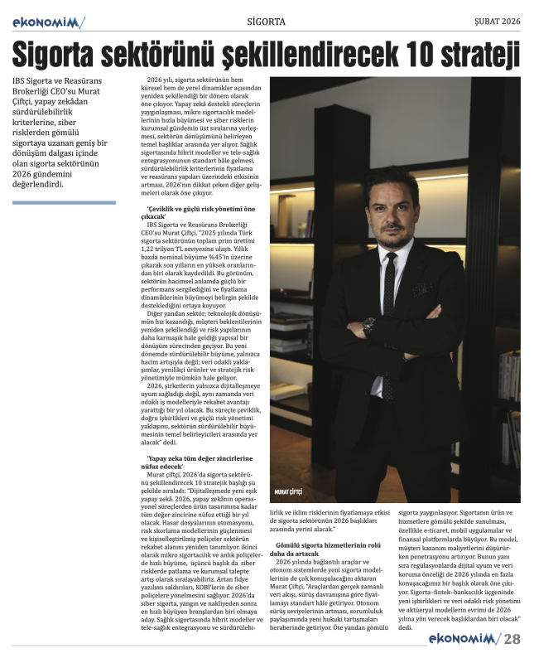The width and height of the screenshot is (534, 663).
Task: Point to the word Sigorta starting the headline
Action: tap(58, 55)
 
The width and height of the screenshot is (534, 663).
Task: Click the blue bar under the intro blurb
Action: tap(64, 202)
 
